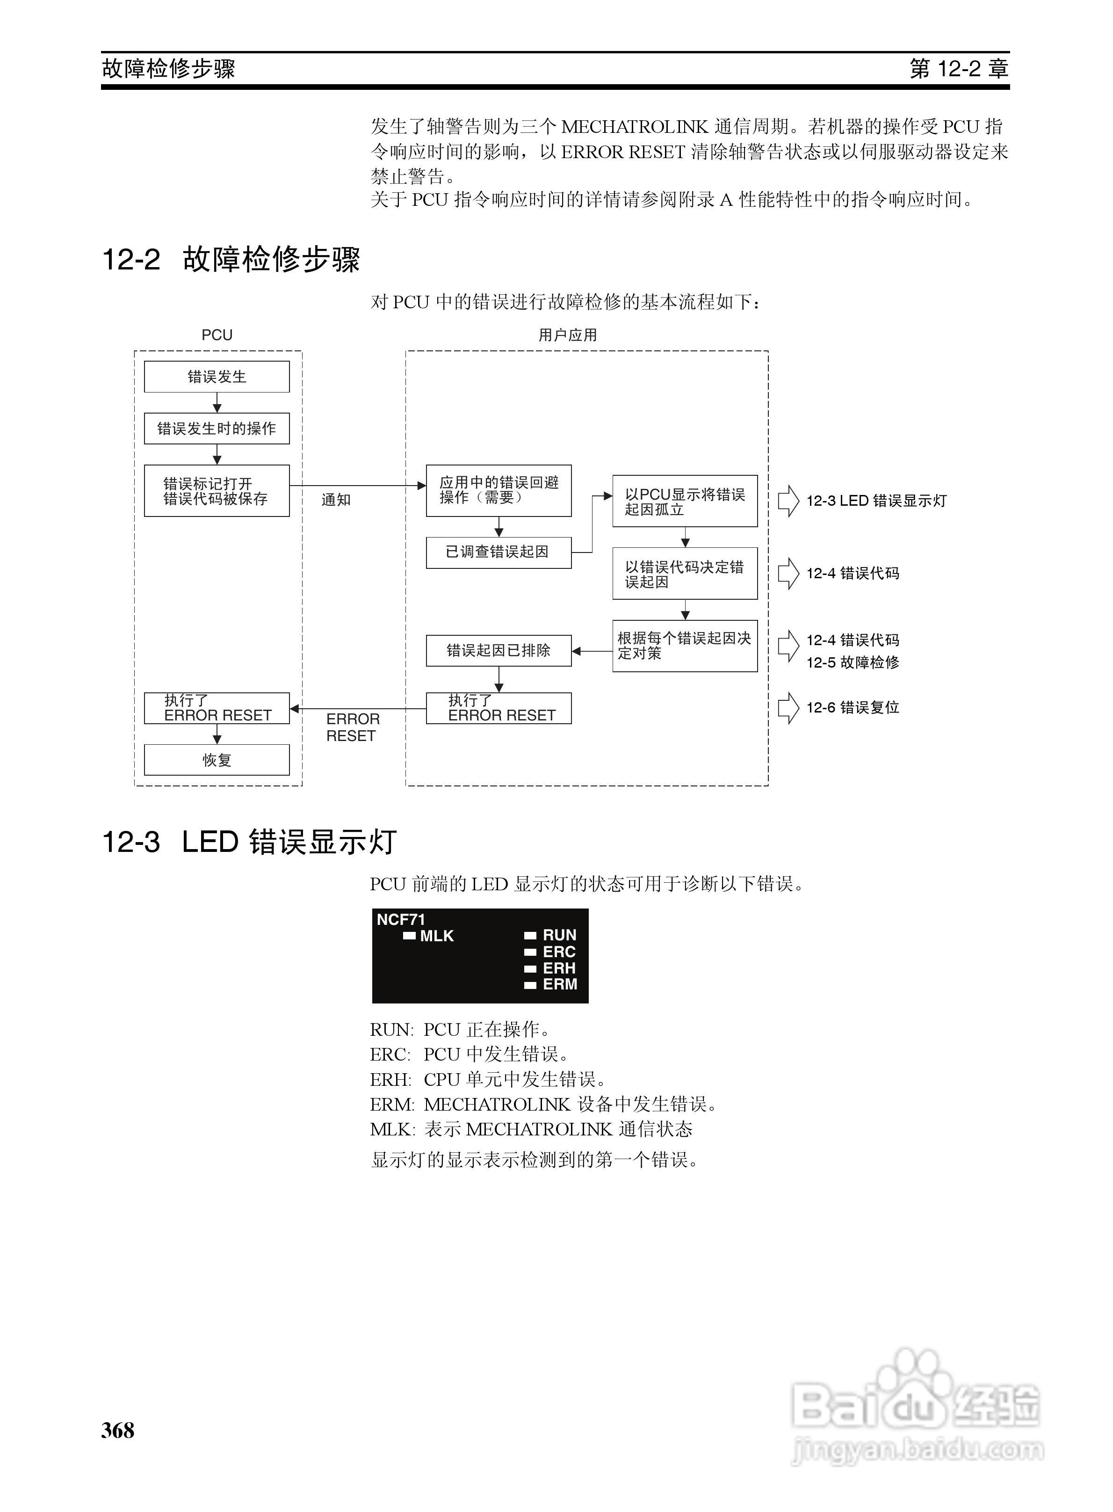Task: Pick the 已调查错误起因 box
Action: (498, 552)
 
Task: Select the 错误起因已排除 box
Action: (498, 650)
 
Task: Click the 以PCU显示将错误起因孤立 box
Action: (685, 502)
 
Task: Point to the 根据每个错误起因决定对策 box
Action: (685, 646)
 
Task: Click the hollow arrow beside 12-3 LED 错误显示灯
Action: (788, 502)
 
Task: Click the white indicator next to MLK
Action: (409, 935)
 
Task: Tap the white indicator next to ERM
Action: (530, 985)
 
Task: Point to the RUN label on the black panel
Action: (559, 935)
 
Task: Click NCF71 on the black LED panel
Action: (401, 919)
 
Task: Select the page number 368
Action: (118, 1430)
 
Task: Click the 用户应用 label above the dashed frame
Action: (567, 335)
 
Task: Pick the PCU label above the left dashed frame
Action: (217, 335)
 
